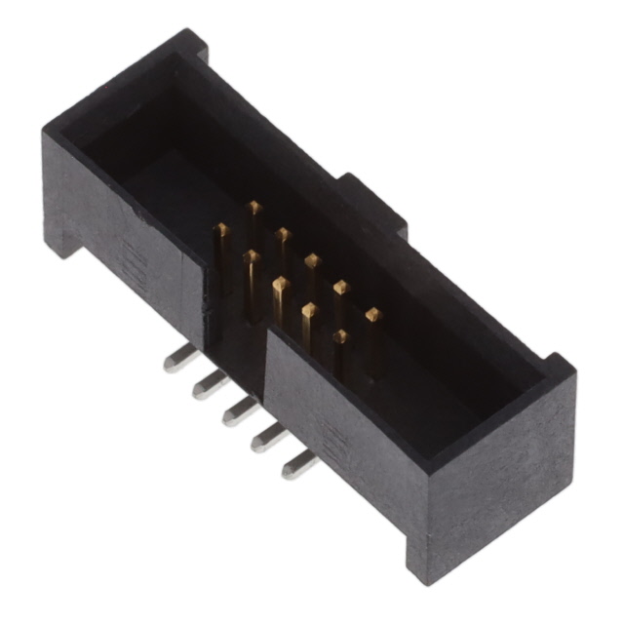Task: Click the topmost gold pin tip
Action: (254, 207)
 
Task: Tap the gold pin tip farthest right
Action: (371, 314)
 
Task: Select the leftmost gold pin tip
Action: (222, 229)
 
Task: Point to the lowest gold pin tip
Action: (340, 336)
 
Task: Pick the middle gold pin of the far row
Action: (312, 260)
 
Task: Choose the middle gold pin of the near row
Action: (280, 285)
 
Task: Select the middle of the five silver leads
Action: (235, 412)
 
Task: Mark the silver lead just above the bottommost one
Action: (265, 440)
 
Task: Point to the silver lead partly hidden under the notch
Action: (204, 386)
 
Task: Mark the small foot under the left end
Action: (66, 239)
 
